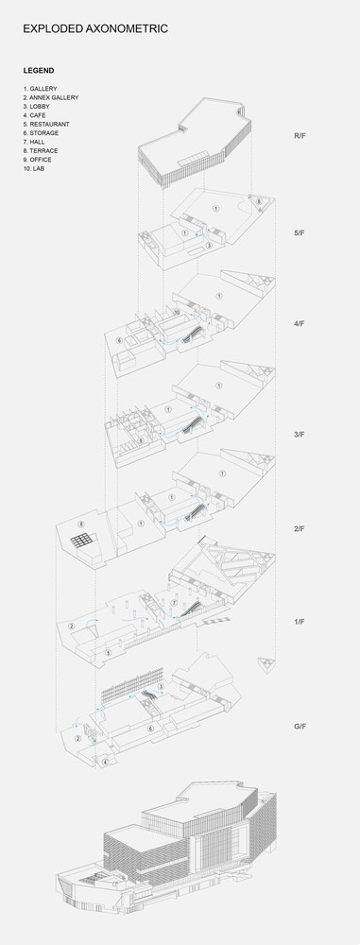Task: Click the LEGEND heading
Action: (39, 70)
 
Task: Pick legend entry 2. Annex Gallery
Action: (51, 97)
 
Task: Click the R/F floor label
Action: (300, 136)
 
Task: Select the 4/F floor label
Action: (300, 324)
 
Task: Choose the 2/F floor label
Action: (300, 528)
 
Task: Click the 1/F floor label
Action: (300, 623)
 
